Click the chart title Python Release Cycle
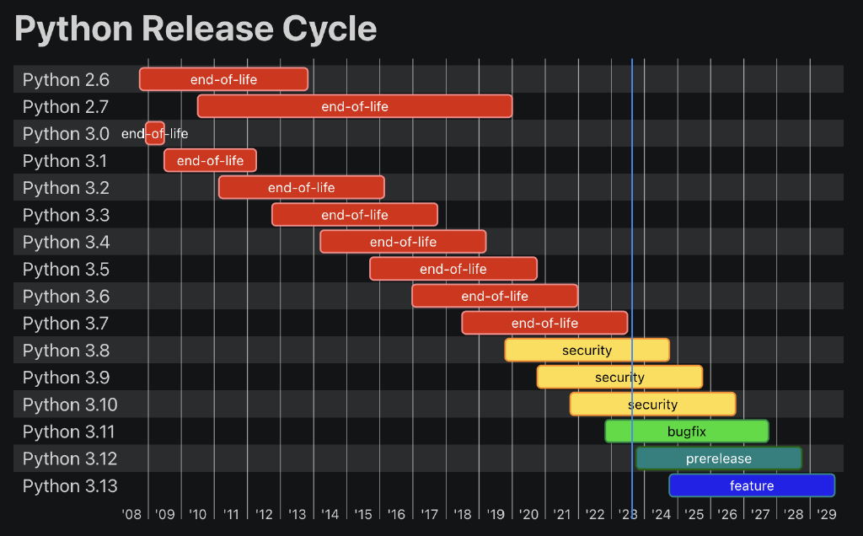coord(196,29)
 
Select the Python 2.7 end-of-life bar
coord(354,106)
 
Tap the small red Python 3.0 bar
coord(155,133)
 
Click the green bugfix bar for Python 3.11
coord(686,431)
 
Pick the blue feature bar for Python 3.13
coord(751,485)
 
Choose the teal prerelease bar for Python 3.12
coord(718,458)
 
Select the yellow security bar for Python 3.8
coord(587,350)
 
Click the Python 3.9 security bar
coord(619,377)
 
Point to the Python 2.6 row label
coord(66,80)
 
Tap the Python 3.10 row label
coord(70,405)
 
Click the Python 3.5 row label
coord(66,270)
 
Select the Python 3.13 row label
coord(70,486)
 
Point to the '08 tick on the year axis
coord(131,514)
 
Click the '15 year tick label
coord(363,514)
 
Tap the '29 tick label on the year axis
coord(826,514)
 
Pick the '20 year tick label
coord(528,514)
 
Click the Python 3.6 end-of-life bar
coord(495,296)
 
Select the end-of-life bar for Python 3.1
coord(210,160)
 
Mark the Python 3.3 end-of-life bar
coord(354,215)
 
